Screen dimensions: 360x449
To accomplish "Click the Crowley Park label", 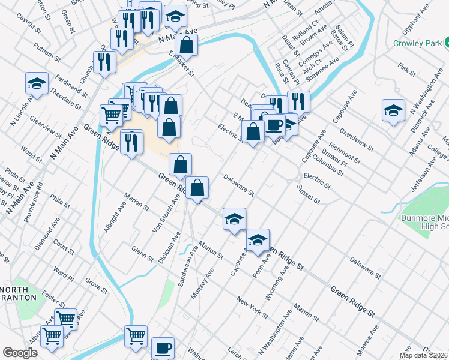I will point(418,43).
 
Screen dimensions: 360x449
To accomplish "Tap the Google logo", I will point(20,353).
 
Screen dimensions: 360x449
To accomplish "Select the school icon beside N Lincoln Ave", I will point(37,83).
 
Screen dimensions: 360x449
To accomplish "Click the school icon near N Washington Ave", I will point(393,110).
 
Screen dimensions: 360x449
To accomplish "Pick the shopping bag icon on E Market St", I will point(187,44).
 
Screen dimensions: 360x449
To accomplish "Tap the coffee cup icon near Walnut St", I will point(163,348).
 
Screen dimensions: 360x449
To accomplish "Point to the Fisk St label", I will point(407,70).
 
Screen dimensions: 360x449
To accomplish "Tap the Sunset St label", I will point(309,194).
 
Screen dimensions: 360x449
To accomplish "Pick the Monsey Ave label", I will point(202,284).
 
